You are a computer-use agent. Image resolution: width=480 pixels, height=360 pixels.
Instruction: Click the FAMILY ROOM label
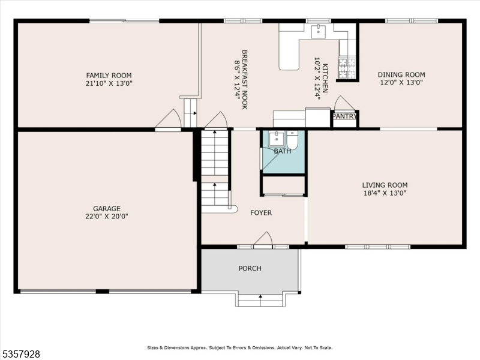click(109, 75)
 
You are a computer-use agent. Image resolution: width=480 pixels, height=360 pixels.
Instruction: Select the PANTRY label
click(344, 116)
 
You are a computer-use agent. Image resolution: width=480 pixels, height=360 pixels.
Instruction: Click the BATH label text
click(283, 151)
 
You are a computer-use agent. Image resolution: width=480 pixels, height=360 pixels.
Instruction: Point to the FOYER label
click(261, 213)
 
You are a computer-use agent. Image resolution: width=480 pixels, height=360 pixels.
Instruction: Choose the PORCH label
click(250, 268)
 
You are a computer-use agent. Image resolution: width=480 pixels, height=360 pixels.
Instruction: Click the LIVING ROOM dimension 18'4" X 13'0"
click(385, 193)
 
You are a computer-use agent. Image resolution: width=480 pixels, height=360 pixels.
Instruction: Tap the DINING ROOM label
click(401, 75)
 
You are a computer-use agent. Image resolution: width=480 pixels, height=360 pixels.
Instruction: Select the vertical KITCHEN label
click(325, 78)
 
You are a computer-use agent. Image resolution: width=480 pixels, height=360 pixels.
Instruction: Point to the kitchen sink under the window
click(318, 31)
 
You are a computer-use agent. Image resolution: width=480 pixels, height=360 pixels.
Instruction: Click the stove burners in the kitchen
click(347, 68)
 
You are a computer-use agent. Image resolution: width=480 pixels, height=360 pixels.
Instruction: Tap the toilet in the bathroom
click(292, 140)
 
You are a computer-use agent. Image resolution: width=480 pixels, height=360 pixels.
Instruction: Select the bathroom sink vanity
click(276, 139)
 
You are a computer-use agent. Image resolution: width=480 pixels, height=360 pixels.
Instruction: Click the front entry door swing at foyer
click(263, 239)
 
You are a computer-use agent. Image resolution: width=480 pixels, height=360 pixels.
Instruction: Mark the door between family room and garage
click(168, 119)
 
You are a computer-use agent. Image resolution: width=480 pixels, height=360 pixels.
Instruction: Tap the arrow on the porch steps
click(260, 296)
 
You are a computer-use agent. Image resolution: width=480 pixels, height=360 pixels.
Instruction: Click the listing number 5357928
click(21, 355)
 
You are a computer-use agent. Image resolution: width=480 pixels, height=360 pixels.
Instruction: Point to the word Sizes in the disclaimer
click(154, 347)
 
